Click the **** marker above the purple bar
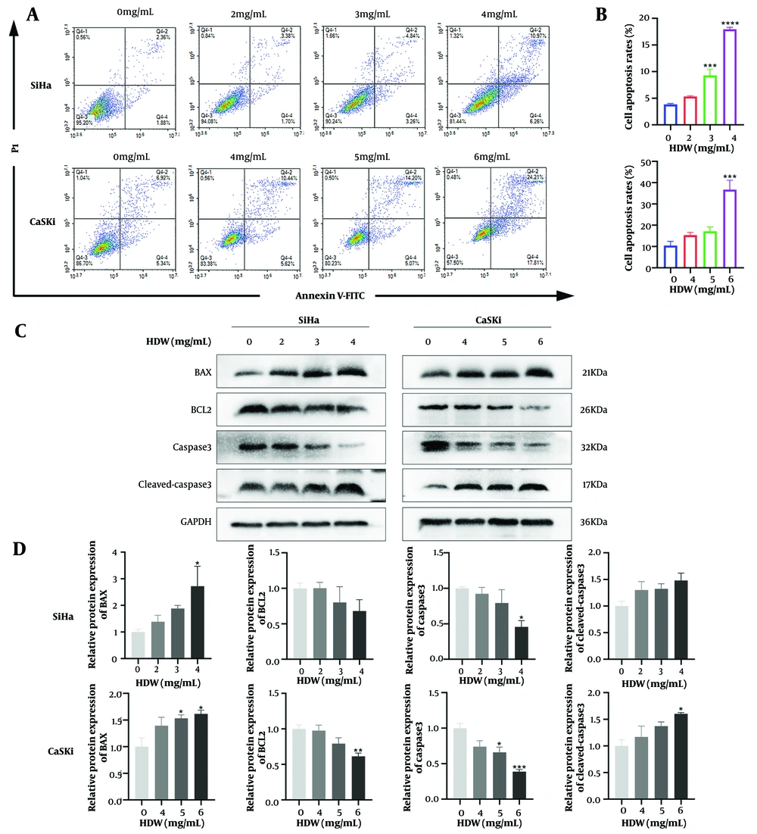[x=731, y=44]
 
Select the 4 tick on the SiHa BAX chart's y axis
[x=120, y=552]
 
